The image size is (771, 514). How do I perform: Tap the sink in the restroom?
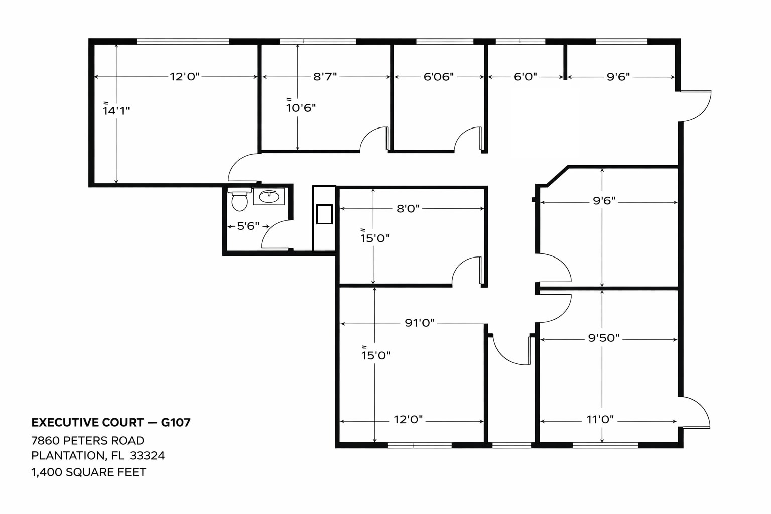tap(269, 196)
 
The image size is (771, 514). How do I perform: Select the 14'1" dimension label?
tap(116, 110)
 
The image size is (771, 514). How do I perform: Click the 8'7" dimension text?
tap(325, 77)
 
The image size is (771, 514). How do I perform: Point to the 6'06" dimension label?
tap(439, 77)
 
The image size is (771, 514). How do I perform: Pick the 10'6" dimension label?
tap(301, 107)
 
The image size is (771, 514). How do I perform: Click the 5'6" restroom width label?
tap(248, 226)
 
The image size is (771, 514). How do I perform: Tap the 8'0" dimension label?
tap(408, 209)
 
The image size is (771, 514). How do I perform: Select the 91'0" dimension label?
tap(420, 323)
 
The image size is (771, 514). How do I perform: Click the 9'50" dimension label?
tap(604, 338)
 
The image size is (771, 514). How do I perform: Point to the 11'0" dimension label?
tap(600, 420)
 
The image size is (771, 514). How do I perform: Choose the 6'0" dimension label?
tap(525, 77)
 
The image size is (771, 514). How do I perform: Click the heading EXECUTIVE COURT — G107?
tap(111, 422)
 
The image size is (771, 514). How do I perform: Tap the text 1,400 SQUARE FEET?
tap(88, 472)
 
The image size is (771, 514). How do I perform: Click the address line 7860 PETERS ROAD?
tap(88, 441)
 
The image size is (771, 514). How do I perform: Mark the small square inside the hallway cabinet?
tap(324, 214)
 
